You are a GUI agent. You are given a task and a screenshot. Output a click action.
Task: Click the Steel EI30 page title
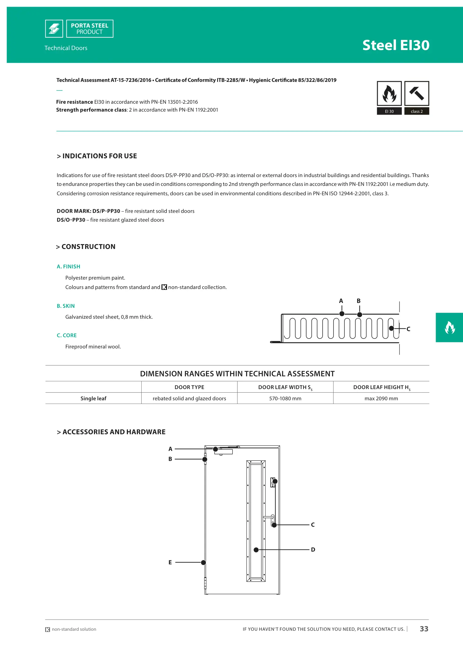[x=396, y=45]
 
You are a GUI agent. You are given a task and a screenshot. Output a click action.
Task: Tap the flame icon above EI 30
[x=389, y=93]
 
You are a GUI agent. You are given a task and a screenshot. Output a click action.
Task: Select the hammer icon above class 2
[x=417, y=93]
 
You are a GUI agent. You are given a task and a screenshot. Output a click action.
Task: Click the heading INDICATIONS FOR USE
[x=97, y=156]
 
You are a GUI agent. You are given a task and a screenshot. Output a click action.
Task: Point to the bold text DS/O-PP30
[x=71, y=220]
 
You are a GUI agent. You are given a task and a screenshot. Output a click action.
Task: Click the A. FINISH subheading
[x=69, y=267]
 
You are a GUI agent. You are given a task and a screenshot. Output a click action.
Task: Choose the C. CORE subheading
[x=67, y=335]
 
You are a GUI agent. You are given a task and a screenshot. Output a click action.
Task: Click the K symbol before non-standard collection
[x=164, y=287]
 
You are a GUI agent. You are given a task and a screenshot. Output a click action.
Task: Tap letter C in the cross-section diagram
[x=408, y=329]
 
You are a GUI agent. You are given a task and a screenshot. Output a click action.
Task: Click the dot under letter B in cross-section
[x=360, y=315]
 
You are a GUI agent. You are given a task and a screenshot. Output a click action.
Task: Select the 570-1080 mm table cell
[x=285, y=398]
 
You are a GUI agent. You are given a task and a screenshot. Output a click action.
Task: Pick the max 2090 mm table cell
[x=381, y=398]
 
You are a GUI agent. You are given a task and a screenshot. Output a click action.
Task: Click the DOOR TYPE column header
[x=189, y=387]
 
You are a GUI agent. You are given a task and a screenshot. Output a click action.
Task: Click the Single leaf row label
[x=93, y=398]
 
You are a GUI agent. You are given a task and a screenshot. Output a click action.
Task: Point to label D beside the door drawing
[x=313, y=549]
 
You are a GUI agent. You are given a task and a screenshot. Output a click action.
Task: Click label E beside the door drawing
[x=170, y=562]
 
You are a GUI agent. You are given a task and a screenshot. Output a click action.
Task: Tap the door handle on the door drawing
[x=269, y=517]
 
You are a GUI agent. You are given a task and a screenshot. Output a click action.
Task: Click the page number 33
[x=424, y=629]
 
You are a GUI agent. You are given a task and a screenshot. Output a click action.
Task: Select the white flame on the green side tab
[x=450, y=327]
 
